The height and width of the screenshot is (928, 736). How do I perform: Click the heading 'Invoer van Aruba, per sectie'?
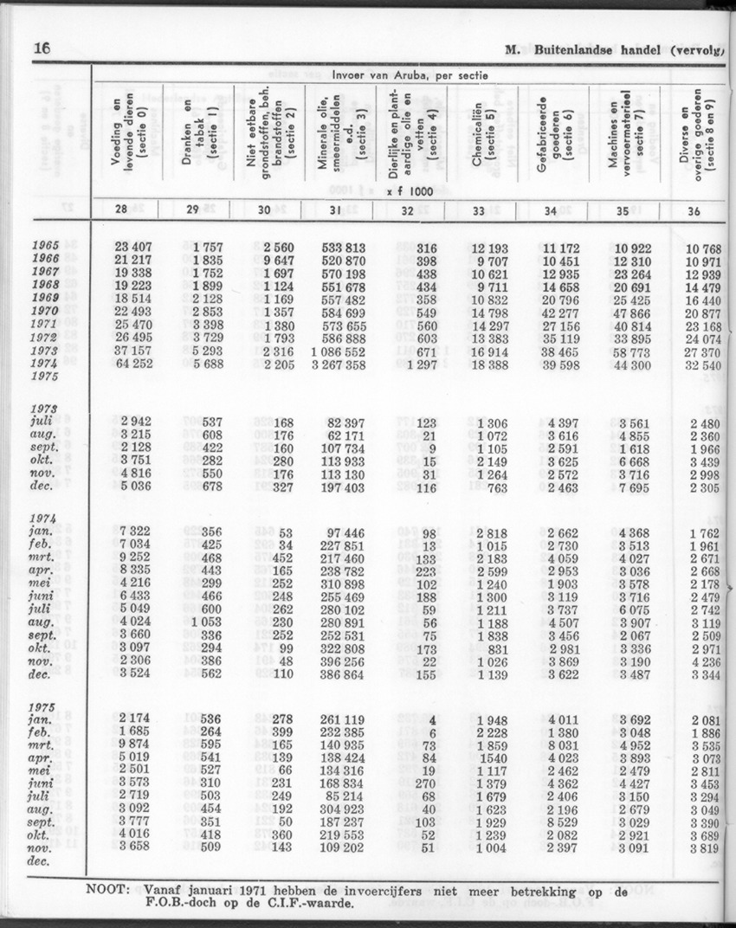pos(411,75)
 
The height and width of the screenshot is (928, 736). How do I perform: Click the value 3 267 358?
pos(336,365)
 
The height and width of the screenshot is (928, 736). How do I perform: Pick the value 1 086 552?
pos(336,353)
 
